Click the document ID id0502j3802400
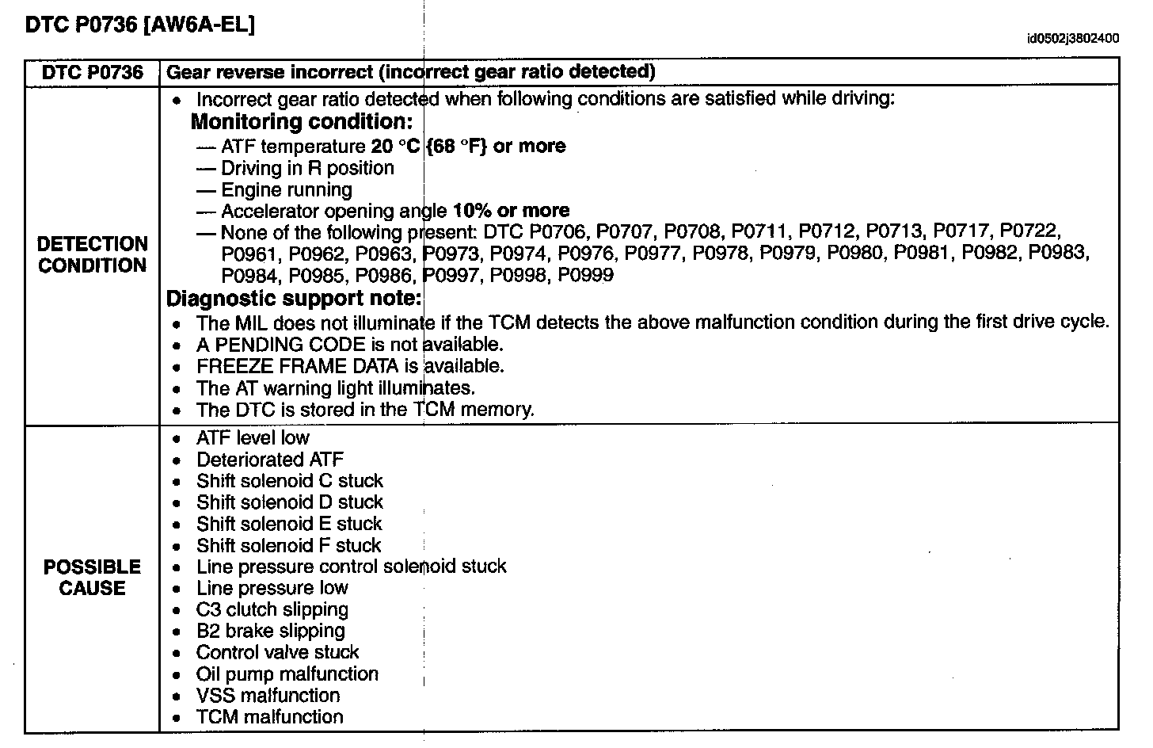[1073, 38]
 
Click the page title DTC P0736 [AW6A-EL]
[140, 25]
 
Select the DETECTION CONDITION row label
[93, 254]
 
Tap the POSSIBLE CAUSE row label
[93, 578]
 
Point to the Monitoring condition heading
[302, 122]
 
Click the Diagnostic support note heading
[293, 299]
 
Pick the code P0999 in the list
[585, 276]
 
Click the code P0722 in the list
[1029, 232]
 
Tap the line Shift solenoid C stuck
[289, 481]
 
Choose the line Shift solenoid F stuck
[288, 545]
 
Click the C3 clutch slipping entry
[272, 609]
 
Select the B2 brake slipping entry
[270, 631]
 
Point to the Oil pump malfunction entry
[287, 674]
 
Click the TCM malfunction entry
[269, 717]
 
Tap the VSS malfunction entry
[268, 696]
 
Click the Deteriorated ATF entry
[269, 460]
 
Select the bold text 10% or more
[511, 211]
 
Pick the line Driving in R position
[307, 168]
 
